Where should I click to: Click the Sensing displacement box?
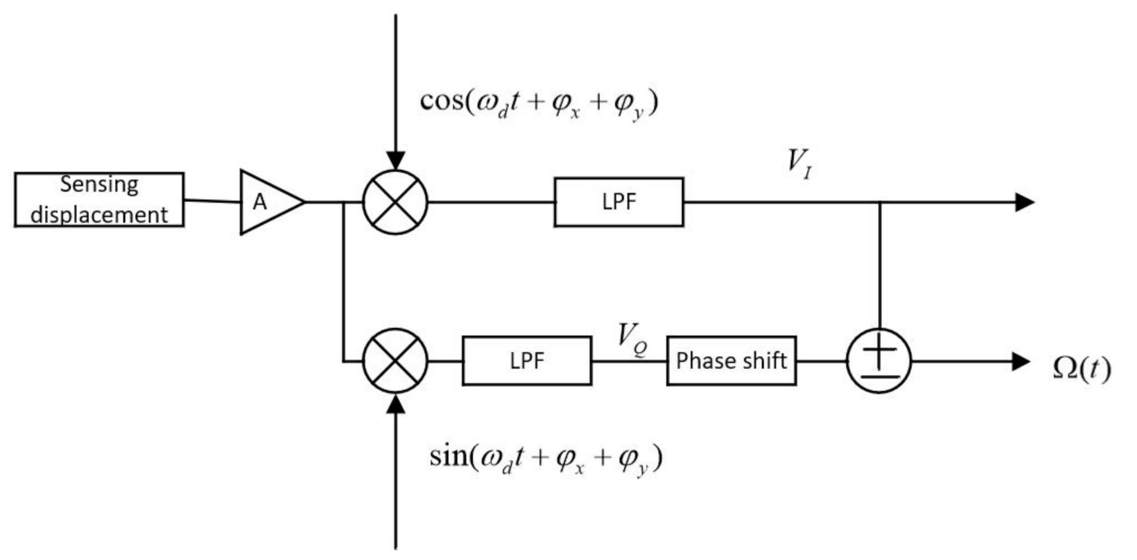[99, 199]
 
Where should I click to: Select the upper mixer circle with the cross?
[395, 202]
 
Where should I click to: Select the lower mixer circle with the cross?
[395, 361]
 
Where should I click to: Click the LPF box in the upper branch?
[618, 202]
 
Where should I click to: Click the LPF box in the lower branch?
[526, 361]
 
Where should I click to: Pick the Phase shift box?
[731, 361]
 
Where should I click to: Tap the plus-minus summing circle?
[879, 361]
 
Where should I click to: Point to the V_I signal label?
[799, 164]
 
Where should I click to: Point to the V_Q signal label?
[632, 339]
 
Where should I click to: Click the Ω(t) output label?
[1081, 368]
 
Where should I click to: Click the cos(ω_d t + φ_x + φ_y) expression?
[539, 104]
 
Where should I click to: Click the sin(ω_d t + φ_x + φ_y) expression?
[546, 459]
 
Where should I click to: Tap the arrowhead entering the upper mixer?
[395, 160]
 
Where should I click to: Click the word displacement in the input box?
[99, 215]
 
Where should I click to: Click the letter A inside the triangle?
[259, 202]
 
